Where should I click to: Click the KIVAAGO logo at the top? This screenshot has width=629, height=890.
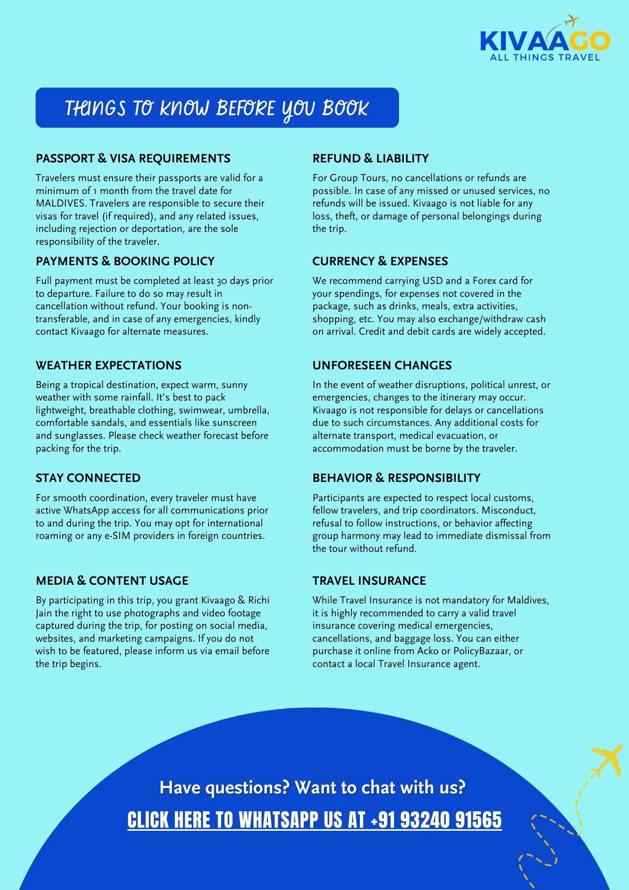[544, 41]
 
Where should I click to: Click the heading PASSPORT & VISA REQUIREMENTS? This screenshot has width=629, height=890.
[133, 158]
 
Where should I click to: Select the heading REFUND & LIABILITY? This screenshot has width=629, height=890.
[370, 158]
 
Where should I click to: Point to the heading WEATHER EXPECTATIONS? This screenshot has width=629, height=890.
[109, 365]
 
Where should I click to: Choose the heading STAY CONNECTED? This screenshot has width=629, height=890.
[88, 478]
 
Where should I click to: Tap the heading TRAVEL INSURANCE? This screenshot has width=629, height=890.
[369, 581]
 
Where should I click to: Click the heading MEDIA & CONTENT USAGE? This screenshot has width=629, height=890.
[112, 581]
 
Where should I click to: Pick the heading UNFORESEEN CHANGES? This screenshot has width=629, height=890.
[382, 365]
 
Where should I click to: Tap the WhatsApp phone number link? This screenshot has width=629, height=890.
[314, 820]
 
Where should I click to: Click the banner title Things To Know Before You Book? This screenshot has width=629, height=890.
[217, 108]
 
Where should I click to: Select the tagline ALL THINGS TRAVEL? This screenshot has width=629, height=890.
[545, 57]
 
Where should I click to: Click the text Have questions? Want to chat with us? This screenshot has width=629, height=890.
[312, 787]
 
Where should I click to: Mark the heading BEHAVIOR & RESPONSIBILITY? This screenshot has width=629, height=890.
[396, 478]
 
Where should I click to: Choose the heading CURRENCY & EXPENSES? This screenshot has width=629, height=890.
[380, 261]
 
